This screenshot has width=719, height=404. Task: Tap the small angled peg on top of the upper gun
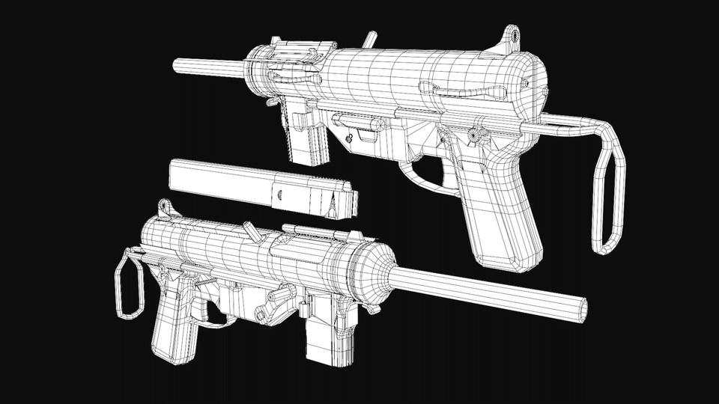click(368, 39)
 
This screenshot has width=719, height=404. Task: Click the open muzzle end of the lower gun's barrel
click(580, 307)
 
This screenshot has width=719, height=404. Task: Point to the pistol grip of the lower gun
click(171, 322)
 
